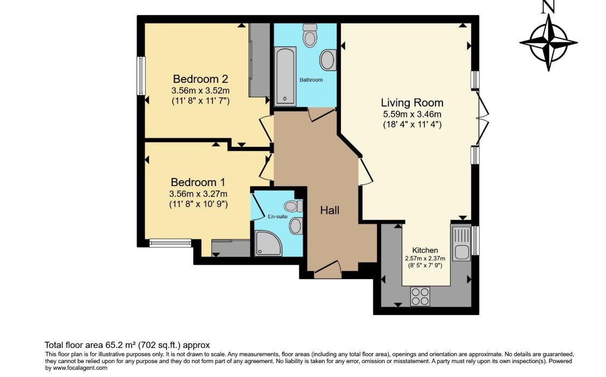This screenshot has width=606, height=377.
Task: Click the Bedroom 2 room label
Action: click(x=201, y=79)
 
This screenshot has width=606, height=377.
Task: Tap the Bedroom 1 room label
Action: click(x=198, y=182)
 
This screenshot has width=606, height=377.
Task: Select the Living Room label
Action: click(x=412, y=102)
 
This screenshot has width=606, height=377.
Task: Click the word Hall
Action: click(x=330, y=210)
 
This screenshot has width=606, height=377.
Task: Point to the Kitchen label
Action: click(x=425, y=250)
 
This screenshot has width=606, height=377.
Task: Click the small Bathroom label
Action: click(x=311, y=80)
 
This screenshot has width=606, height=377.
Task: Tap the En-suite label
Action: click(x=278, y=217)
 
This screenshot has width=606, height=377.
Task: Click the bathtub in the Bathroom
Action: click(x=285, y=76)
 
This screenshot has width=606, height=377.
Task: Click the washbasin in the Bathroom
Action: click(x=327, y=60)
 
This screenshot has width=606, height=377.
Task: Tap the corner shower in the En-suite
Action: click(x=267, y=243)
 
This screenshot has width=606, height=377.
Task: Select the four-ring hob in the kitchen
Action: click(x=420, y=296)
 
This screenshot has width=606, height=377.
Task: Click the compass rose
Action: click(x=548, y=42)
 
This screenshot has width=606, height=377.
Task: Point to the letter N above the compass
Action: click(x=548, y=7)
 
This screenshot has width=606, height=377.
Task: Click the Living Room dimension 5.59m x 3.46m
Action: click(x=412, y=115)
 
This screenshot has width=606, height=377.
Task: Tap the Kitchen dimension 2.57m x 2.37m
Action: click(x=425, y=258)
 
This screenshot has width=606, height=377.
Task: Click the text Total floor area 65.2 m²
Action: click(x=126, y=345)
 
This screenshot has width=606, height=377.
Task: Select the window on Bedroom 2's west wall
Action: click(x=141, y=76)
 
